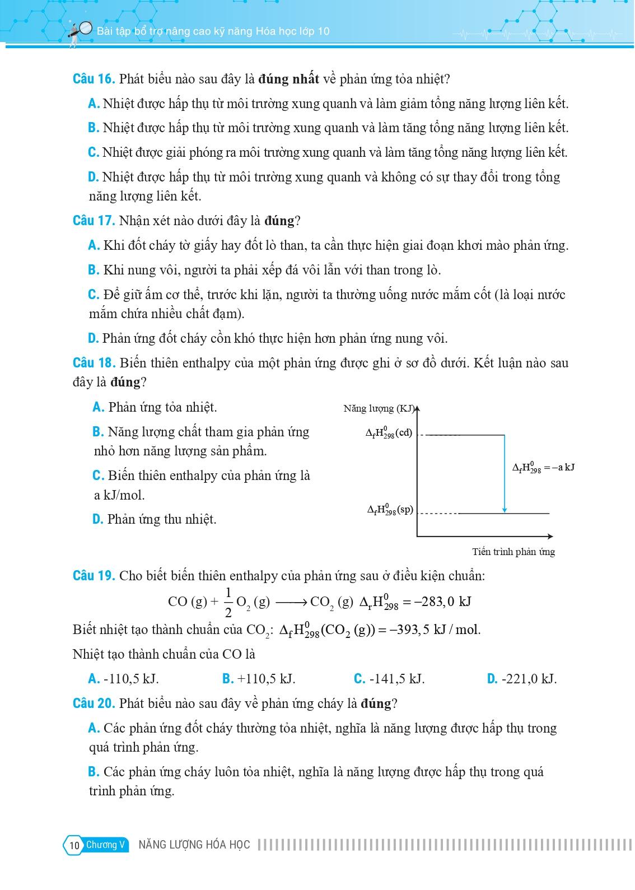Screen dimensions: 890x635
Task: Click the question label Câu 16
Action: point(94,79)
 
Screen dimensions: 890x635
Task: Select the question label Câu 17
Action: point(94,221)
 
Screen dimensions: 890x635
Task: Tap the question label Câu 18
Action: point(94,363)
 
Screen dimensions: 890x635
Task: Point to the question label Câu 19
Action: point(94,576)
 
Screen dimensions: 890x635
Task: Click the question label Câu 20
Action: point(94,703)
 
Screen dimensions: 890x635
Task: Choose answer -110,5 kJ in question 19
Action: point(124,679)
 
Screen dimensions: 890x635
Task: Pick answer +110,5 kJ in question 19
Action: point(259,679)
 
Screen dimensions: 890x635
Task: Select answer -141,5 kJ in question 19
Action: point(389,679)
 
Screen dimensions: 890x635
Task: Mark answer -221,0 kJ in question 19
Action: point(522,679)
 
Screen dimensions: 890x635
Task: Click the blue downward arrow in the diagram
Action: point(505,473)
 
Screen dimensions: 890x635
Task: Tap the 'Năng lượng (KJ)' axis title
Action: point(379,408)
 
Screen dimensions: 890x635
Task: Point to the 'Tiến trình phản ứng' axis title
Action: point(513,552)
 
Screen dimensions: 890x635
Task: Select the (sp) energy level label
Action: point(390,510)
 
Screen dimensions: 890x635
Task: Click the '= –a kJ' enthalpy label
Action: point(543,468)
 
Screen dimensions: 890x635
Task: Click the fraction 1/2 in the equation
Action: point(228,602)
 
